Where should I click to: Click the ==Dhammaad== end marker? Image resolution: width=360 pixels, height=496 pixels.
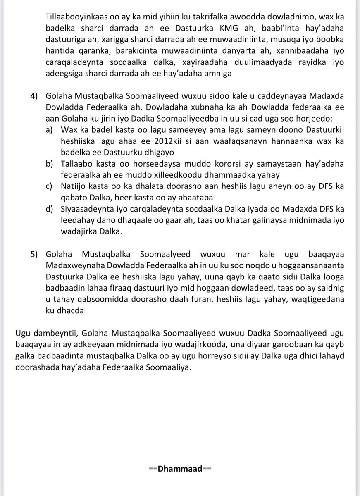tap(180, 470)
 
